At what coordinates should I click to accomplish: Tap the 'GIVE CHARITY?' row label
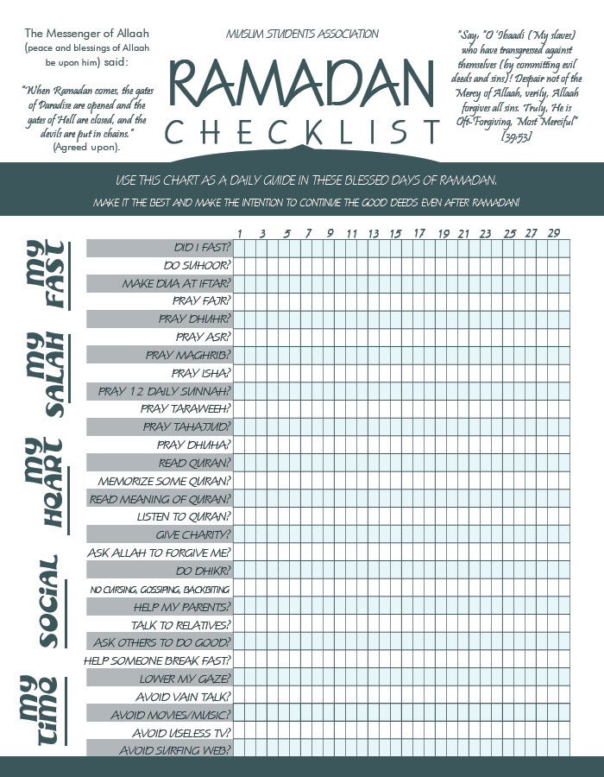(192, 534)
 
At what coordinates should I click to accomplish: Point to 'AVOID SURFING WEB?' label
(174, 750)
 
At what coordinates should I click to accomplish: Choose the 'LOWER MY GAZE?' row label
(185, 679)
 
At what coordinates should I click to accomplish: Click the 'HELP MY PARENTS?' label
(181, 606)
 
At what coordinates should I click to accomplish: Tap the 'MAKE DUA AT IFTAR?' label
(176, 283)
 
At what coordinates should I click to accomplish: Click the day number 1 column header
(240, 233)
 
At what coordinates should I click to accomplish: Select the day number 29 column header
(553, 233)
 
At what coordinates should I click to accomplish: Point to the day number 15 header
(395, 233)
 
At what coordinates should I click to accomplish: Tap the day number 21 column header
(463, 233)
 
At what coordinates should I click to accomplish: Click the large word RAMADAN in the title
(300, 84)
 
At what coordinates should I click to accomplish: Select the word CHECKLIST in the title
(302, 131)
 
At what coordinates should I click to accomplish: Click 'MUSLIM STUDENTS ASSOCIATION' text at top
(302, 35)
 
